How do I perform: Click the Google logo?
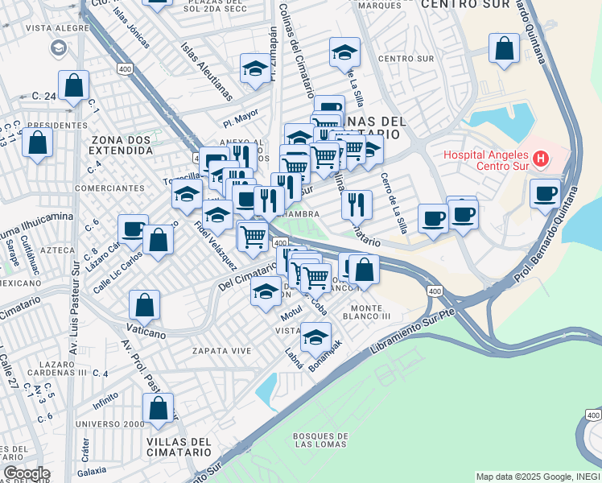coord(26,473)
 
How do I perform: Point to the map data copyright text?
coord(537,477)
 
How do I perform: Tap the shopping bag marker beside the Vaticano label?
coord(145,305)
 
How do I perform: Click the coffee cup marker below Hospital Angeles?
coord(546,193)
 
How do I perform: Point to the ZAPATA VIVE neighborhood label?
coord(221,351)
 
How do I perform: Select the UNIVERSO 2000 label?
coord(110,423)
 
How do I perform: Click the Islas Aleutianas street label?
coord(207,72)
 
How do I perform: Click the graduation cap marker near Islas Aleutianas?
coord(255,68)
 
